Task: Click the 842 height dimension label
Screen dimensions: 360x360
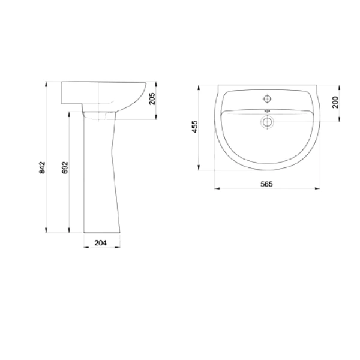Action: point(42,167)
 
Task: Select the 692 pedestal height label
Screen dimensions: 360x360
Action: point(65,167)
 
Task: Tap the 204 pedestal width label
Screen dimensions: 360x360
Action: point(101,242)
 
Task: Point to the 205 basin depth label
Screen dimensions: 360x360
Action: point(152,98)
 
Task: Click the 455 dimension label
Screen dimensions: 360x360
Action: point(194,127)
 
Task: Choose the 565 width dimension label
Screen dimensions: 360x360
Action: point(266,184)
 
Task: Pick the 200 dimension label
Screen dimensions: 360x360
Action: point(335,102)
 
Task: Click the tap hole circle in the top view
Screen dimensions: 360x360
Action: point(267,99)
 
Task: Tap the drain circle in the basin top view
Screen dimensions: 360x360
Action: point(267,122)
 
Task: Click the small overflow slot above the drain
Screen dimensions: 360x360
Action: point(267,111)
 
